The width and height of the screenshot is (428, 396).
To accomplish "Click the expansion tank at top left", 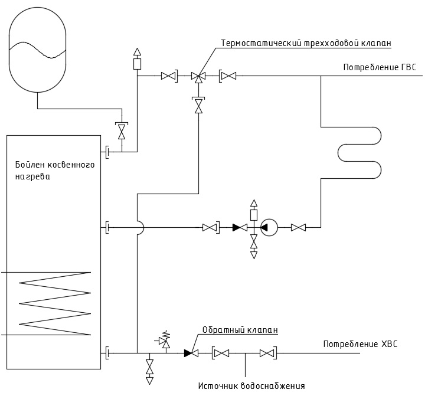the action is click(x=37, y=50).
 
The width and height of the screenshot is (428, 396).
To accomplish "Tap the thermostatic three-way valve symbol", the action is click(x=198, y=77).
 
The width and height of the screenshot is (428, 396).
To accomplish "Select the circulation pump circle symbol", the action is click(x=269, y=227).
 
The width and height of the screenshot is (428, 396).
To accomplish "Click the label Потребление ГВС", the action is click(x=380, y=67).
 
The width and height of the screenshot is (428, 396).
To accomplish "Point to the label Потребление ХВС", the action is click(x=360, y=344).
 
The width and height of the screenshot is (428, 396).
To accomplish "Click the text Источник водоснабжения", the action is click(x=251, y=386).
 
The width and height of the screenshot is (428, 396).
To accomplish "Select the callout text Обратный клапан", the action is click(x=240, y=330).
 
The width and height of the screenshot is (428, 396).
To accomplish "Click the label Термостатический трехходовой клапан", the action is click(x=306, y=43).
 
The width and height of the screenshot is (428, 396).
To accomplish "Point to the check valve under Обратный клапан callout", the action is click(x=191, y=353).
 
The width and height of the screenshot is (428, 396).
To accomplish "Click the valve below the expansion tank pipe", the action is click(x=122, y=131).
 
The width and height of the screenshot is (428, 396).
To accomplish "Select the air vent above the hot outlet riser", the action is click(x=137, y=59).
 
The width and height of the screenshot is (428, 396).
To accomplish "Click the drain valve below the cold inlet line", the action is click(x=149, y=368).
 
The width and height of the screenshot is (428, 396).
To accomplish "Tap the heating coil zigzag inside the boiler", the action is click(x=54, y=303).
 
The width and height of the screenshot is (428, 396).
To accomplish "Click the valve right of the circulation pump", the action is click(x=298, y=227).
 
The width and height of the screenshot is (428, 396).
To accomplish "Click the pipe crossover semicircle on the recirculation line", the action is click(x=141, y=227).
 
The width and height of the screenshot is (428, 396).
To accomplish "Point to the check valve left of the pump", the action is click(x=240, y=227).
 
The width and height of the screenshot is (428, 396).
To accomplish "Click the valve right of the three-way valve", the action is click(x=228, y=76).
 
